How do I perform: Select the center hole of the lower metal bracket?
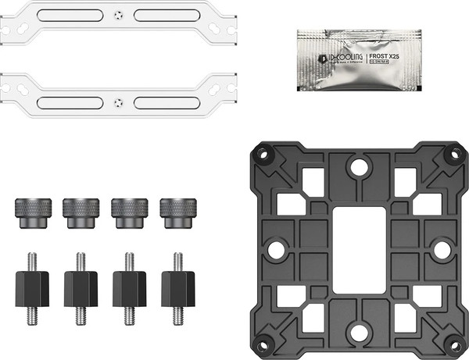(x=117, y=102)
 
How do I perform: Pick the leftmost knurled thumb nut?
(x=32, y=212)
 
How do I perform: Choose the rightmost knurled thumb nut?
(x=178, y=212)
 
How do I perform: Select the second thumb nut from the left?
(x=81, y=212)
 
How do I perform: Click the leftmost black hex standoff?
(x=32, y=288)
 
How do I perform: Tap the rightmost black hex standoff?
(x=178, y=288)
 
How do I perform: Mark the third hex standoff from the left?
(x=130, y=288)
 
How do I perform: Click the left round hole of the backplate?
(x=275, y=250)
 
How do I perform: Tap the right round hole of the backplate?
(x=442, y=250)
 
